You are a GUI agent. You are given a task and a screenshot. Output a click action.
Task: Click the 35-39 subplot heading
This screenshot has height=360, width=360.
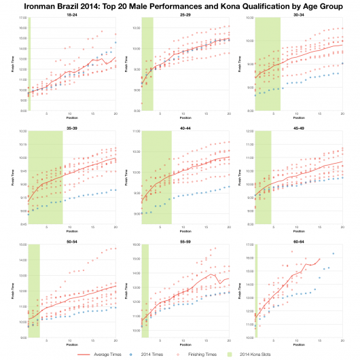[71, 127]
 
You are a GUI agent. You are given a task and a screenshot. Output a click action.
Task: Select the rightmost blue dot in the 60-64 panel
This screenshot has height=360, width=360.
[334, 254]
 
